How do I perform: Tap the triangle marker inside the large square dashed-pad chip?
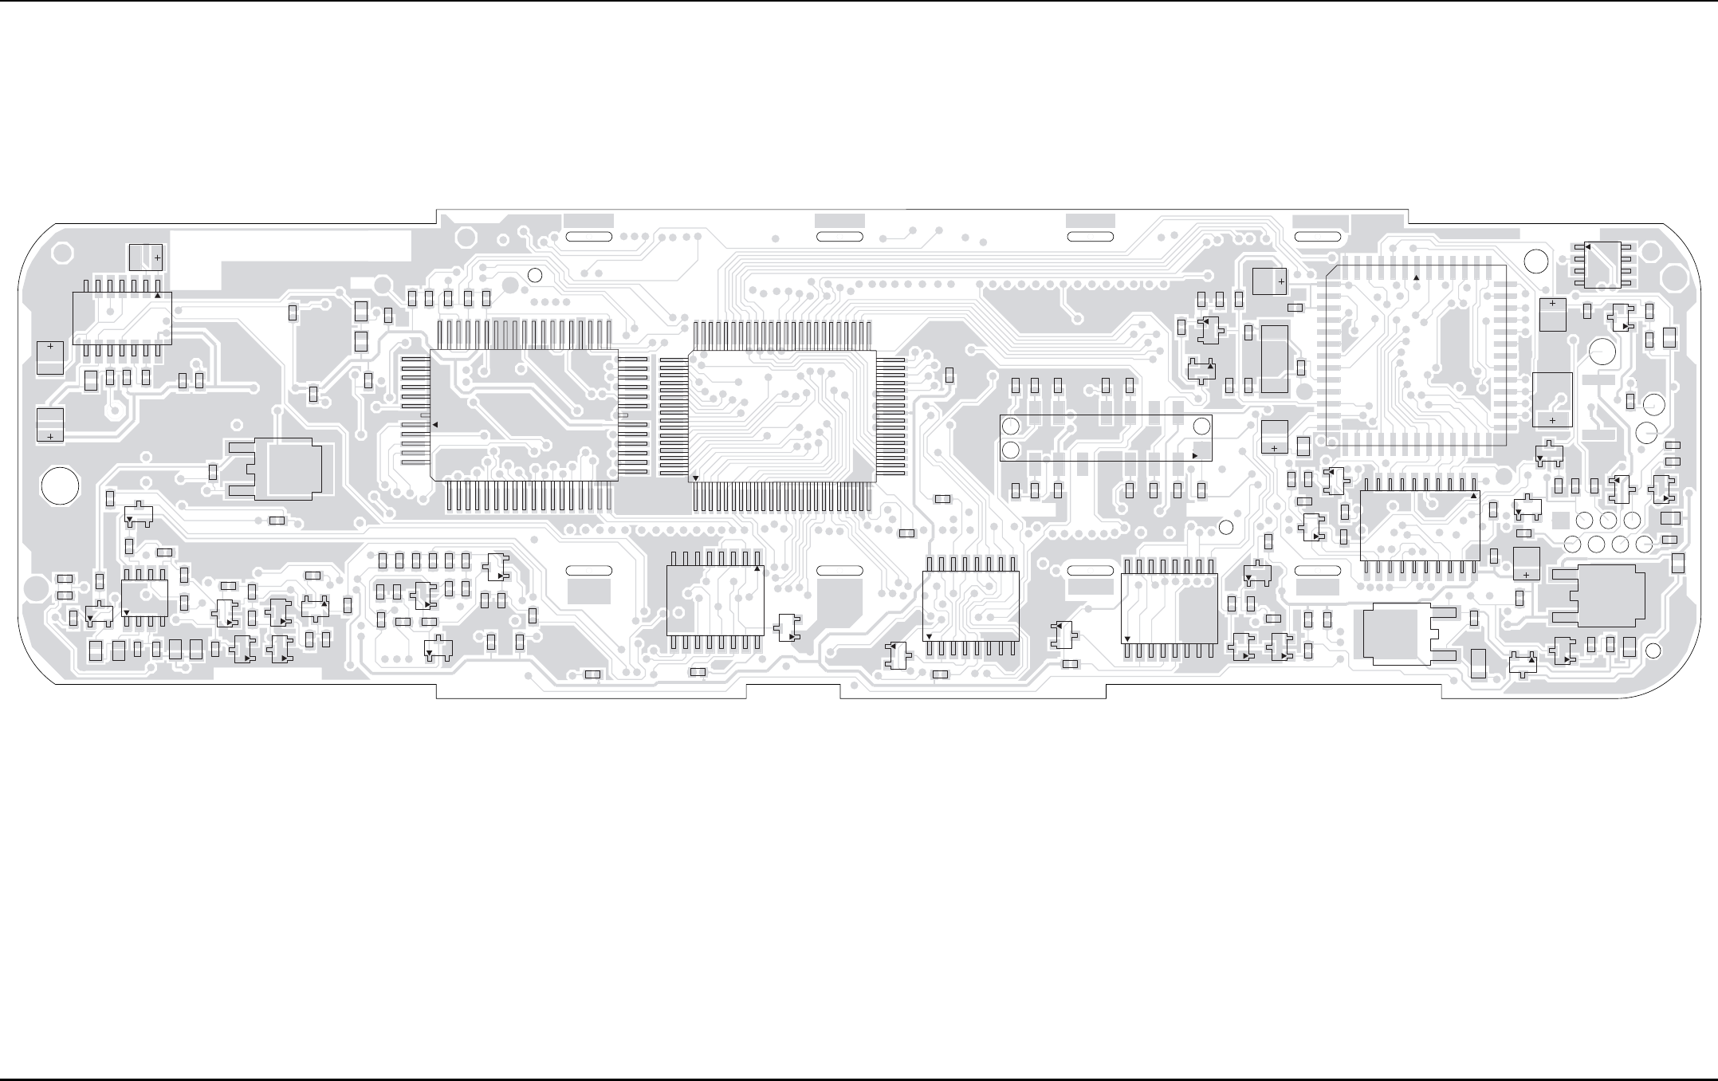1416,277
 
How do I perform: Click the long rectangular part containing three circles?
1106,438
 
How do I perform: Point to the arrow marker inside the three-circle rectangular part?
1194,454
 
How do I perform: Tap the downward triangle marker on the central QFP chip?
696,478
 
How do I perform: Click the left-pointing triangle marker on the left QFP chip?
435,425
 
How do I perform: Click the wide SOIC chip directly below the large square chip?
1419,525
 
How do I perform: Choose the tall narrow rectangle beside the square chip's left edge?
1275,359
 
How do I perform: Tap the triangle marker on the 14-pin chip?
158,296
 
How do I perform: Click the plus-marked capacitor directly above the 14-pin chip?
145,257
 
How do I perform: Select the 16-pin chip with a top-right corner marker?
715,600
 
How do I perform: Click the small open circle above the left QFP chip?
536,275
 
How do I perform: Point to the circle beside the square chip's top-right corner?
1531,259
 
